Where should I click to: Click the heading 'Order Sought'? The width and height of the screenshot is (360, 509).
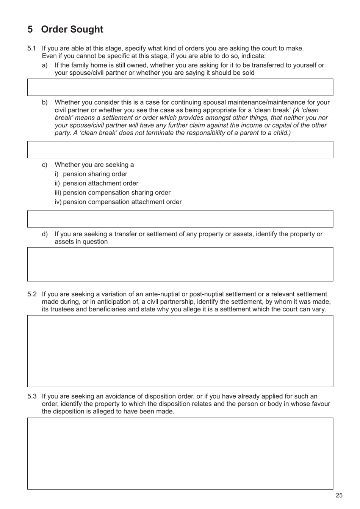[x=72, y=30]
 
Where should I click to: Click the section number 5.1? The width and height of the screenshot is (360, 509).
[x=32, y=48]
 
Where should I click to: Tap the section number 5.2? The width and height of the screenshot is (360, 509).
[x=32, y=294]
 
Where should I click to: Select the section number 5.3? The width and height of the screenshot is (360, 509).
[x=32, y=396]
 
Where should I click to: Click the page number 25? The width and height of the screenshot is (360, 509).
[x=339, y=495]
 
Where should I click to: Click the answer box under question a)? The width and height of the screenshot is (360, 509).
[x=180, y=87]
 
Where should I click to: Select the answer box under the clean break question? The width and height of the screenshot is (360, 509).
[x=180, y=149]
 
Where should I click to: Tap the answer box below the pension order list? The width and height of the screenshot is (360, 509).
[x=180, y=219]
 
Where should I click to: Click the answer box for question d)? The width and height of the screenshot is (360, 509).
[x=180, y=264]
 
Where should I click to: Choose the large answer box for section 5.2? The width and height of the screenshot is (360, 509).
[x=180, y=351]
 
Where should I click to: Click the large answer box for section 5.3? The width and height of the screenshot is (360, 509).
[x=180, y=453]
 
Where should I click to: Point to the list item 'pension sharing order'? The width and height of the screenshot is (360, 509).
[x=95, y=174]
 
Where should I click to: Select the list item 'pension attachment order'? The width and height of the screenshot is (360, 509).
[x=100, y=183]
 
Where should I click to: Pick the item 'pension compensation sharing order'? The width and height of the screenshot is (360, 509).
[x=116, y=193]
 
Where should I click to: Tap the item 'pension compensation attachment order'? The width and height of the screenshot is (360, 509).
[x=122, y=202]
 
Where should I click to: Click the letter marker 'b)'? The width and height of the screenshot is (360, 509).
[x=45, y=102]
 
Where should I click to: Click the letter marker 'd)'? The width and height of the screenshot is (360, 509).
[x=45, y=234]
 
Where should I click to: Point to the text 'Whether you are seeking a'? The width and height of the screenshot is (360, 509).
[x=94, y=165]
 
